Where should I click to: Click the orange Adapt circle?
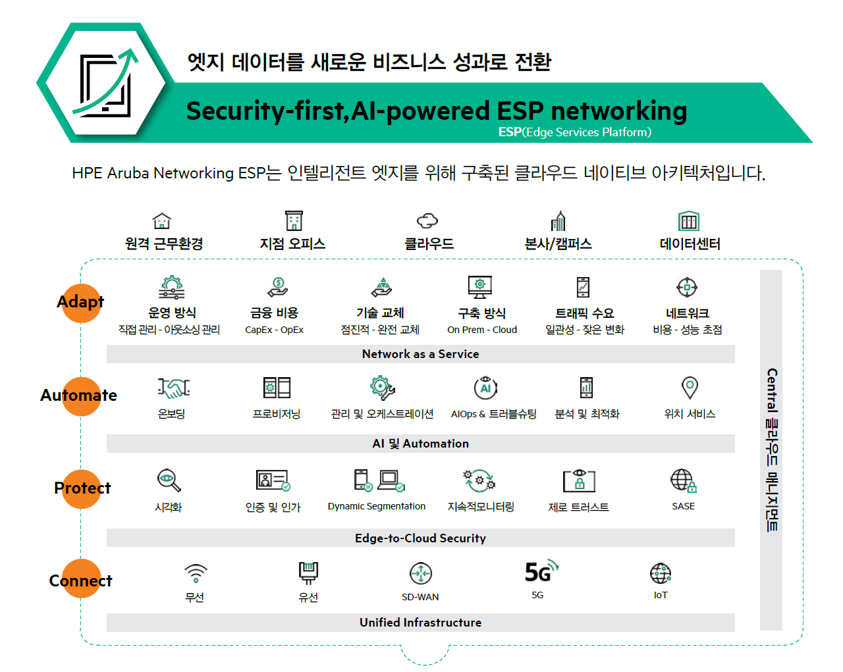pos(81,303)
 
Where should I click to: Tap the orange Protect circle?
pos(82,489)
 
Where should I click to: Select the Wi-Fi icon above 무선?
pos(196,573)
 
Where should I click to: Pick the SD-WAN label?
pos(420,597)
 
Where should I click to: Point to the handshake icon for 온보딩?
pos(173,388)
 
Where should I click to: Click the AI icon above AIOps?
pos(485,387)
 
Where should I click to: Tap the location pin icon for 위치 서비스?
pos(690,388)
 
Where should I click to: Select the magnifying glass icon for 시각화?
pos(169,480)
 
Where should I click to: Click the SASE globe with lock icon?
pos(684,480)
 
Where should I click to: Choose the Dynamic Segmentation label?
pos(377,506)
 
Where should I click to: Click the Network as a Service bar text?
pos(420,354)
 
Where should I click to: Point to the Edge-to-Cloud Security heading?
pos(420,538)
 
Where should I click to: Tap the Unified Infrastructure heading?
pos(420,622)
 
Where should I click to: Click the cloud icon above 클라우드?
pos(427,220)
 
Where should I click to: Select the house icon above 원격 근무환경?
pos(162,220)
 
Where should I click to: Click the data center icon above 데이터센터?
pos(689,221)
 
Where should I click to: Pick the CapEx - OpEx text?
pos(274,330)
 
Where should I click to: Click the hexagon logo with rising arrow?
pos(105,83)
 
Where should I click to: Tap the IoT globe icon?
pos(661,573)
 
